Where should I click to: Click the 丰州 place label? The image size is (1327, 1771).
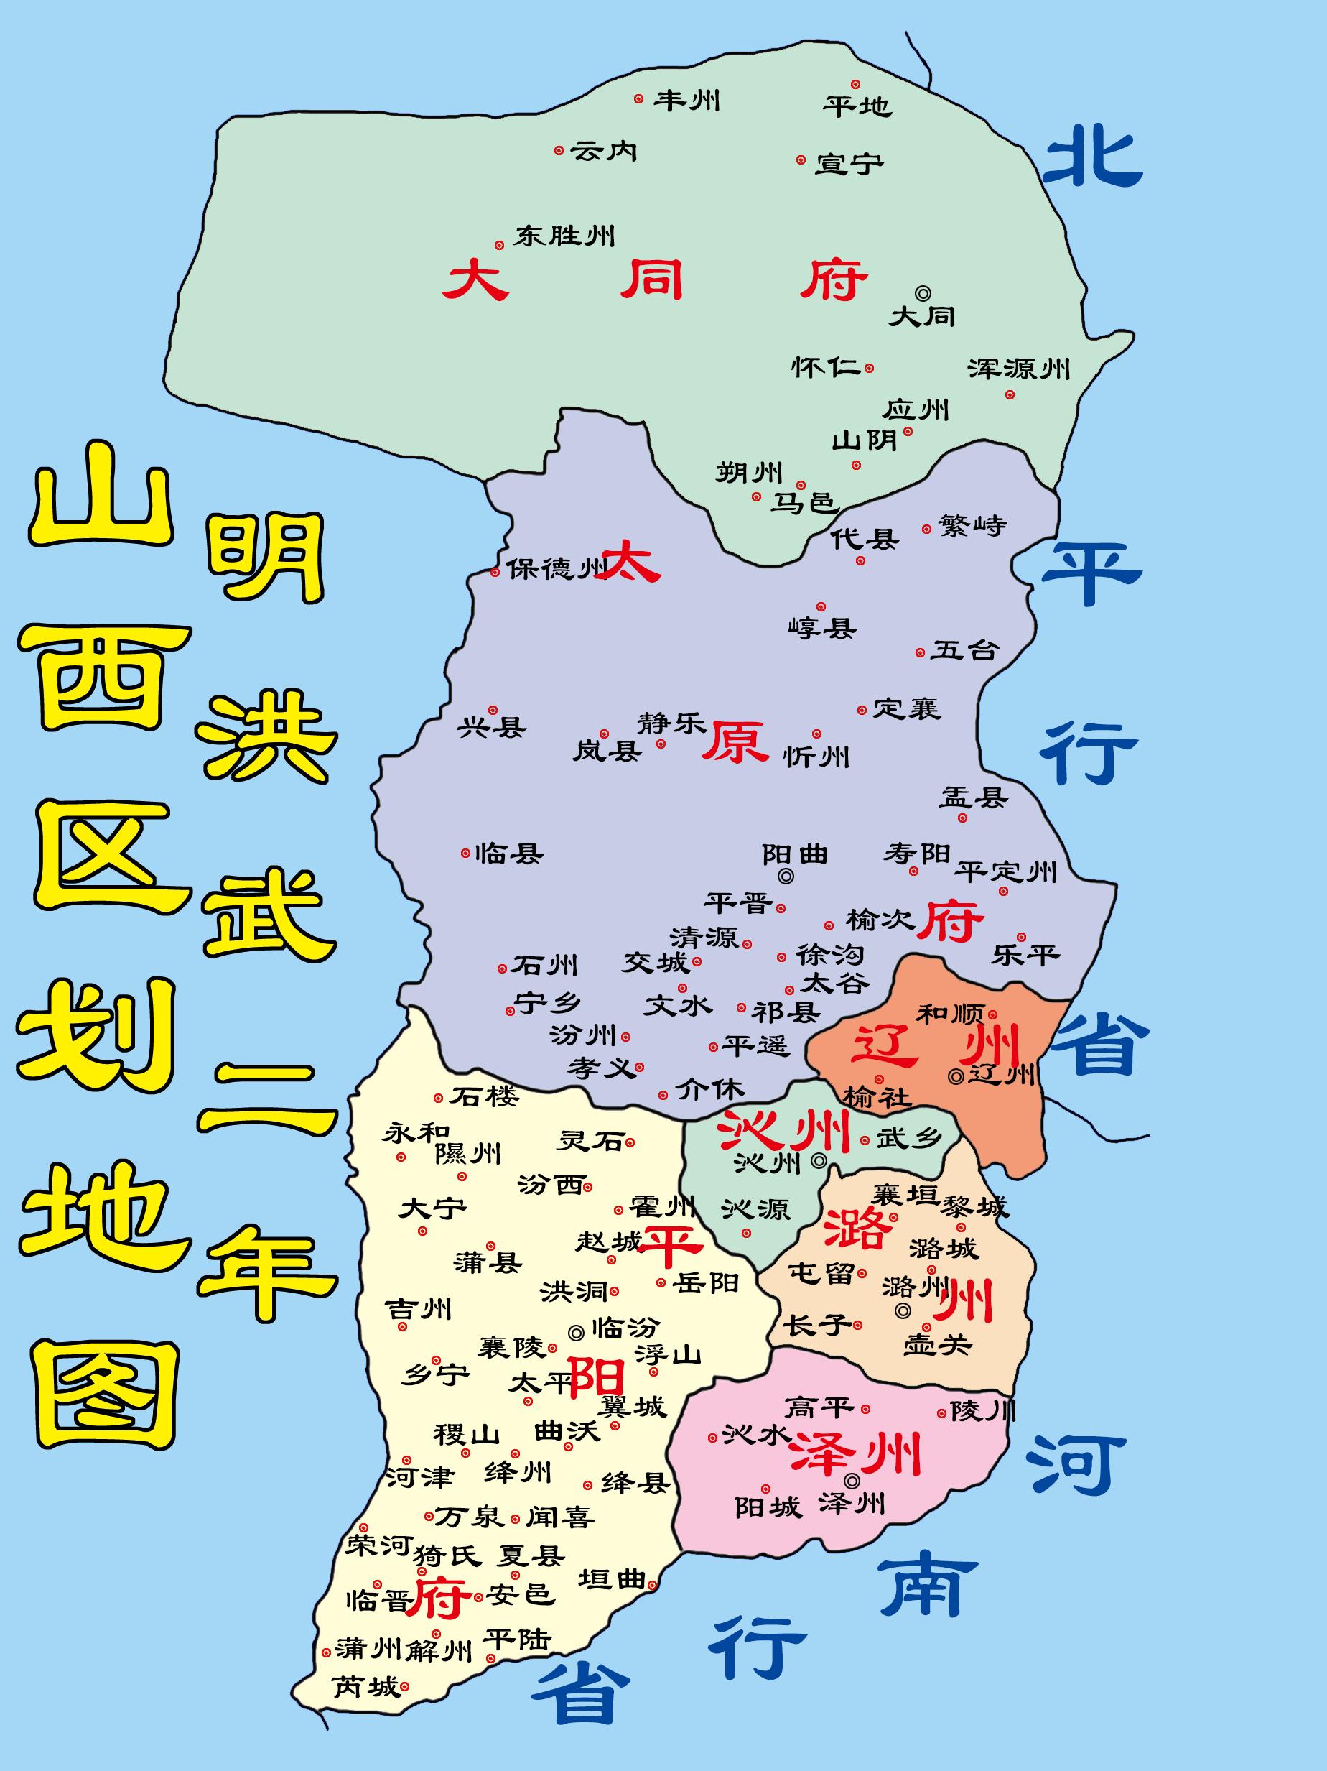point(686,101)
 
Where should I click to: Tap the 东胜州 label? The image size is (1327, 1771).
point(565,236)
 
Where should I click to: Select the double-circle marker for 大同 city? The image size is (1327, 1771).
point(923,293)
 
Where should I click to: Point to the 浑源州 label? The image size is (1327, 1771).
point(1018,369)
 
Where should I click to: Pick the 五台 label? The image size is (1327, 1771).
point(964,650)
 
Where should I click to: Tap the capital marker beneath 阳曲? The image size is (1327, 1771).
point(787,876)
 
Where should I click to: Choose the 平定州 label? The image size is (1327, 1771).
point(1006,871)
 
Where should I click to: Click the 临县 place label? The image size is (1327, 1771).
point(509,854)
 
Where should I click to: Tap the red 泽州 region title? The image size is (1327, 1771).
point(855,1454)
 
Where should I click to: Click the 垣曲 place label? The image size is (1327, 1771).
point(612,1578)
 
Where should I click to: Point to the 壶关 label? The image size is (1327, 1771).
point(937,1344)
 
